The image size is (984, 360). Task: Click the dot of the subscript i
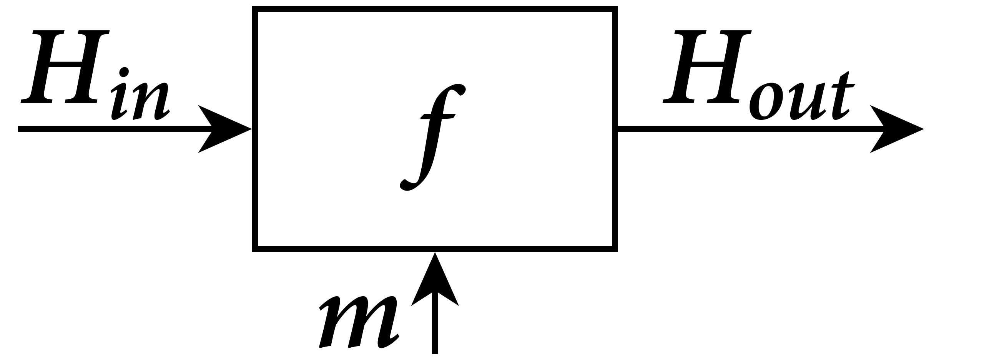point(123,72)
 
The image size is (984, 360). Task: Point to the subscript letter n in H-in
point(152,102)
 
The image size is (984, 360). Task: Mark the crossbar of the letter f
point(438,116)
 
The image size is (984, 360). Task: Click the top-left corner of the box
point(255,9)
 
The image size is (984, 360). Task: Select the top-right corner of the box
point(615,9)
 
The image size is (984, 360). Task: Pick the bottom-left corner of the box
point(255,249)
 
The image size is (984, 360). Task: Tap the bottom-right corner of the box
point(615,249)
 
